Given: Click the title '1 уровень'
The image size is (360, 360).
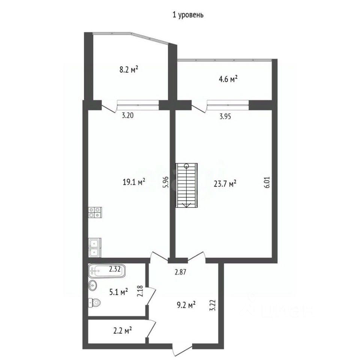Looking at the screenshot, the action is [188, 15].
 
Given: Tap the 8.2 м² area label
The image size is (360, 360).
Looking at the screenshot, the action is [129, 69].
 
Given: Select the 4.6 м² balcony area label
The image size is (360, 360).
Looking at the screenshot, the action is [228, 79].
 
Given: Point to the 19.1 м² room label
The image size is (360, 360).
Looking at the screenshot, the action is [134, 182].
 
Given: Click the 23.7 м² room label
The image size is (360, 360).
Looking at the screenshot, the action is [225, 184].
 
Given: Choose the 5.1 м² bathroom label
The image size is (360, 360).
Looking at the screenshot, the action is [118, 292].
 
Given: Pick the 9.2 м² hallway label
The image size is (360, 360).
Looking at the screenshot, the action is [186, 305].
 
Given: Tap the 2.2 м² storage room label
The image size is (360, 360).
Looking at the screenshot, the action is [122, 331].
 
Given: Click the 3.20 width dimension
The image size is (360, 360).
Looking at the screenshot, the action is [127, 115].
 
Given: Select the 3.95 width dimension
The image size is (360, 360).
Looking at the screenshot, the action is [225, 116].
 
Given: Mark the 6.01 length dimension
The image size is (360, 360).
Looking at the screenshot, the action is [267, 183].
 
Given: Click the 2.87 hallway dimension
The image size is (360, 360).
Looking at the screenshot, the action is [180, 272].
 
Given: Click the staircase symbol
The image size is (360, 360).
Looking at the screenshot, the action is [186, 185].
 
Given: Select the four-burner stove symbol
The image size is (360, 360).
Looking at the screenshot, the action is [95, 212].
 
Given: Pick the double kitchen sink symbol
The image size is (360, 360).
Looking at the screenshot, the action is [94, 247].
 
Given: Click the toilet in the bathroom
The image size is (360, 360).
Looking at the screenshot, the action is [94, 303].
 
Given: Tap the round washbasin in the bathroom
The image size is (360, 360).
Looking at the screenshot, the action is [93, 286].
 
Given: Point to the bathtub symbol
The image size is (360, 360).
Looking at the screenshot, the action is [107, 271].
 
